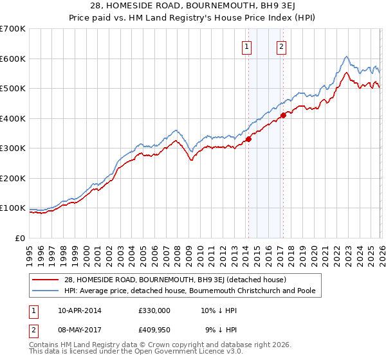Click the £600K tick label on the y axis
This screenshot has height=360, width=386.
13,59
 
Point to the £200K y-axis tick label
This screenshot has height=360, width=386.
13,178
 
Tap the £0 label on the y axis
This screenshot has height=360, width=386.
20,238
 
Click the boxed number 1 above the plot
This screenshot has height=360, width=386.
247,46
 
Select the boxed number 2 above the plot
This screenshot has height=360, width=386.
282,46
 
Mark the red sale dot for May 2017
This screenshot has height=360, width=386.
283,116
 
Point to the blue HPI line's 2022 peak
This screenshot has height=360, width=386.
346,57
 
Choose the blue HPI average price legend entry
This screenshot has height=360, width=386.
189,291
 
